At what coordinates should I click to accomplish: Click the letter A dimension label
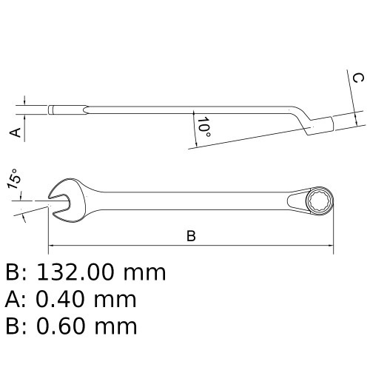pyautogui.click(x=13, y=131)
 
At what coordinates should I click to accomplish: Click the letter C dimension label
pyautogui.click(x=357, y=78)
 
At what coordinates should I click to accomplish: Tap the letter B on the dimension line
pyautogui.click(x=190, y=236)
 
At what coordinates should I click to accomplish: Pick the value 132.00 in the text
pyautogui.click(x=82, y=272)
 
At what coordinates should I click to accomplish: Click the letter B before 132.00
pyautogui.click(x=13, y=272)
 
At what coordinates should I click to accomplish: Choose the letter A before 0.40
pyautogui.click(x=13, y=299)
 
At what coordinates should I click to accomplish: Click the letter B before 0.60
pyautogui.click(x=13, y=326)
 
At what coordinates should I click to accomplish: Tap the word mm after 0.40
pyautogui.click(x=118, y=299)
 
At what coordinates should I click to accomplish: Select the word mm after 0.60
pyautogui.click(x=118, y=326)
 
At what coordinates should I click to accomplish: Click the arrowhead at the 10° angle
pyautogui.click(x=194, y=115)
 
